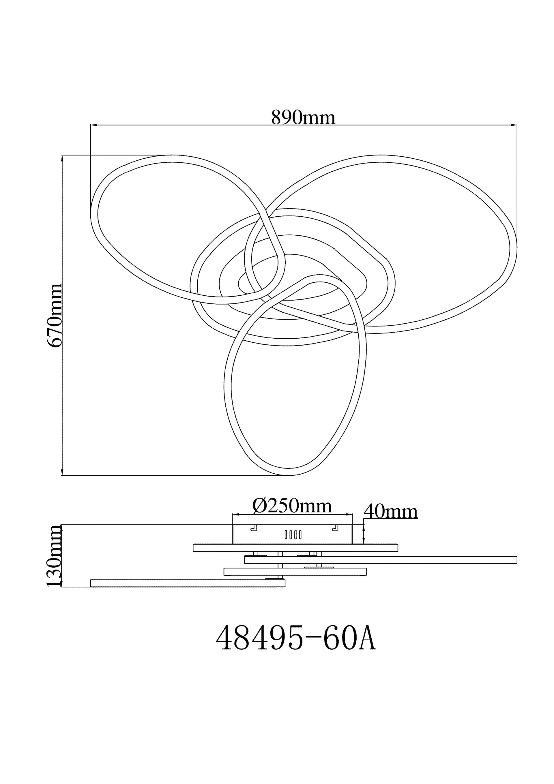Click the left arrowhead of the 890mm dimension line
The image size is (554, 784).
click(x=94, y=125)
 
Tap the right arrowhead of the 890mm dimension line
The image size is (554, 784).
click(x=513, y=125)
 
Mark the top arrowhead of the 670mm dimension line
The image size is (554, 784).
click(x=62, y=159)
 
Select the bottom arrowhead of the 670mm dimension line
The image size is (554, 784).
click(x=62, y=472)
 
